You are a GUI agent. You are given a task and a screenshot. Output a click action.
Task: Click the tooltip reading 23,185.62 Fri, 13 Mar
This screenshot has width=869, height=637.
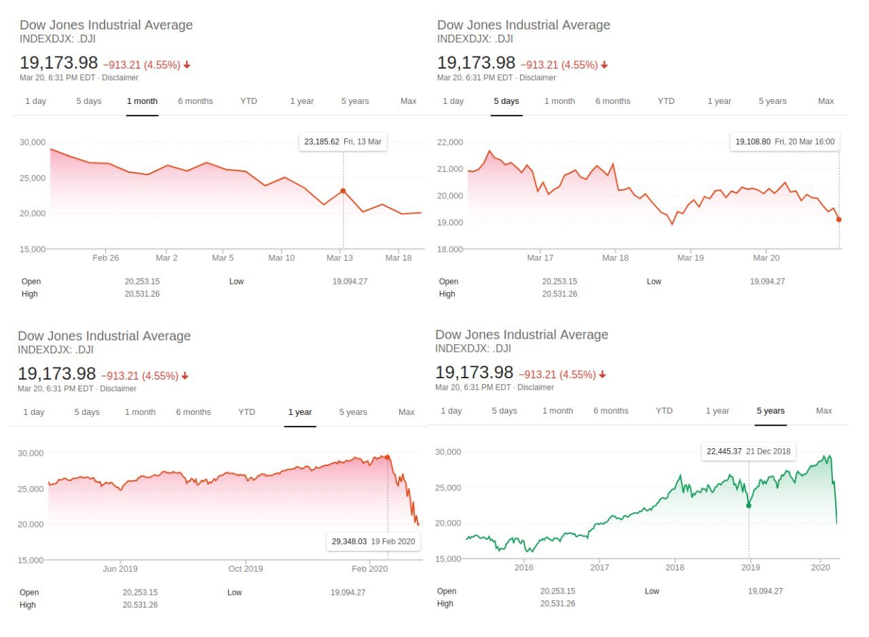point(343,142)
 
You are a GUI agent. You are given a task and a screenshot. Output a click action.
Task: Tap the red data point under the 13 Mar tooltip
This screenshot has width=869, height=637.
point(343,191)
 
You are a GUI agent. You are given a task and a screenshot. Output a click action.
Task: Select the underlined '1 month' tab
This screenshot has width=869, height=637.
point(142,101)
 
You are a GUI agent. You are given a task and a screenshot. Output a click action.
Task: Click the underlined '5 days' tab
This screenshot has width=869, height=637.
point(506,101)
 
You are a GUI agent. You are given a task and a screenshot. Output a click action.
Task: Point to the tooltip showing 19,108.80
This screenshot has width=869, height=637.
point(785,142)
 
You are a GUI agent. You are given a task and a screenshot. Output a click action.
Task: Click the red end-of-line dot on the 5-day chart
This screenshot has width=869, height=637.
point(838,219)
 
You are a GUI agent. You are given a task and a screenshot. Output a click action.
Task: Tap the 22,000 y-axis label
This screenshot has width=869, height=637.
point(450,143)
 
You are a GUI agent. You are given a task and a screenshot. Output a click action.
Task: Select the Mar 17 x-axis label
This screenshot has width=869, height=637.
point(540,258)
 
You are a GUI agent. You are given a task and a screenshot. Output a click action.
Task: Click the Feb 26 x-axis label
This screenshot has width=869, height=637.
point(105,258)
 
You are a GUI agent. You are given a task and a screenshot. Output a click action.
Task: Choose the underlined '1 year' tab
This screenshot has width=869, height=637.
point(300,412)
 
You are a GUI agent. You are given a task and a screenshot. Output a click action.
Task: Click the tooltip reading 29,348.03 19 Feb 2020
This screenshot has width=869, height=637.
point(373,541)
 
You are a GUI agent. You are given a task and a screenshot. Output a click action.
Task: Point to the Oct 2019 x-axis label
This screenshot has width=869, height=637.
point(245,569)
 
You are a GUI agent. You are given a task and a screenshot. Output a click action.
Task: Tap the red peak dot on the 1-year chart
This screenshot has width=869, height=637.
point(387,458)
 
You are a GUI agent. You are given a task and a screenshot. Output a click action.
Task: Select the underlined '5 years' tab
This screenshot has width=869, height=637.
point(771,411)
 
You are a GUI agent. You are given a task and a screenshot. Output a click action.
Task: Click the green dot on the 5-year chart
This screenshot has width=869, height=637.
point(749,505)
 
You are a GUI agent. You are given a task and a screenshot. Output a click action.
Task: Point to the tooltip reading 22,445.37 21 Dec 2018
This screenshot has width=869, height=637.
point(748,452)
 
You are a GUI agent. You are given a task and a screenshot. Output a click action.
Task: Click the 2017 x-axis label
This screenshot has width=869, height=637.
point(599,568)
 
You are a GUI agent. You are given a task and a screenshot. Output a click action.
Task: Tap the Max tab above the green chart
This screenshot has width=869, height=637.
point(824,411)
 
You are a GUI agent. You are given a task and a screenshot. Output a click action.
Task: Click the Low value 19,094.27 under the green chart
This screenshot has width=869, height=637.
point(765,591)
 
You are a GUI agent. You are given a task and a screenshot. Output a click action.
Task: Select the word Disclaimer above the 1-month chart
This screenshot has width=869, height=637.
point(120,77)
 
